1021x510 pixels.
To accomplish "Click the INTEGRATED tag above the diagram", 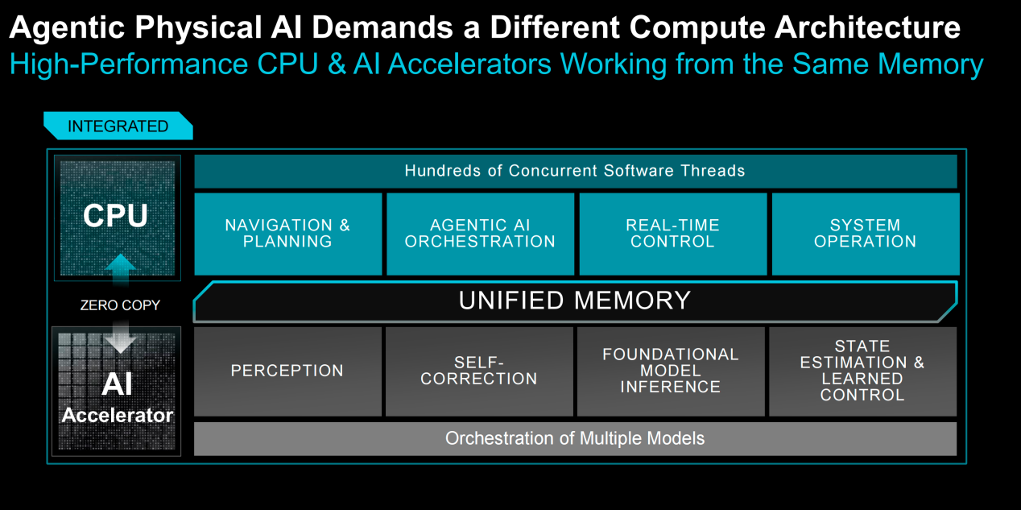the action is [118, 126].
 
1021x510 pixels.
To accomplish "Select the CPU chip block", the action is [118, 218].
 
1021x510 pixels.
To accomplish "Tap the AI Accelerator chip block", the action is [117, 392].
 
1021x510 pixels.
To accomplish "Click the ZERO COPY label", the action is [120, 305].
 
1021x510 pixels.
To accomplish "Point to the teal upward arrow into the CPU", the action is [120, 269].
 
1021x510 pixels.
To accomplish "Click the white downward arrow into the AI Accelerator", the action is [120, 338].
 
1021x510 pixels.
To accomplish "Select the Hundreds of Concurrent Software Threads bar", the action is [576, 171].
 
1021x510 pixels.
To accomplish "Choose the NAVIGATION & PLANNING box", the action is [288, 234].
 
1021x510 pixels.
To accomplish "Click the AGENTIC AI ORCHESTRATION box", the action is [481, 234].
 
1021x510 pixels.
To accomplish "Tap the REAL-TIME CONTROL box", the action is [673, 234].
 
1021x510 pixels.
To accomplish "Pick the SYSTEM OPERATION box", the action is [866, 234].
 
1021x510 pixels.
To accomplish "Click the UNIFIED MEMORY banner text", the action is [575, 301].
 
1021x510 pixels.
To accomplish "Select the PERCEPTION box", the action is [287, 371].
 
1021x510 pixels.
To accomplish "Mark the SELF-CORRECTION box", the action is [480, 371].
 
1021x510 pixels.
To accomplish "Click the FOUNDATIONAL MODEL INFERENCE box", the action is [671, 371].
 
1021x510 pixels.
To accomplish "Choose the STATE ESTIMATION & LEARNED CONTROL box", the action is [863, 371].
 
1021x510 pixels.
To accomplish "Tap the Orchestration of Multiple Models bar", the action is [575, 438].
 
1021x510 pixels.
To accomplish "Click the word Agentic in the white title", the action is [67, 28].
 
